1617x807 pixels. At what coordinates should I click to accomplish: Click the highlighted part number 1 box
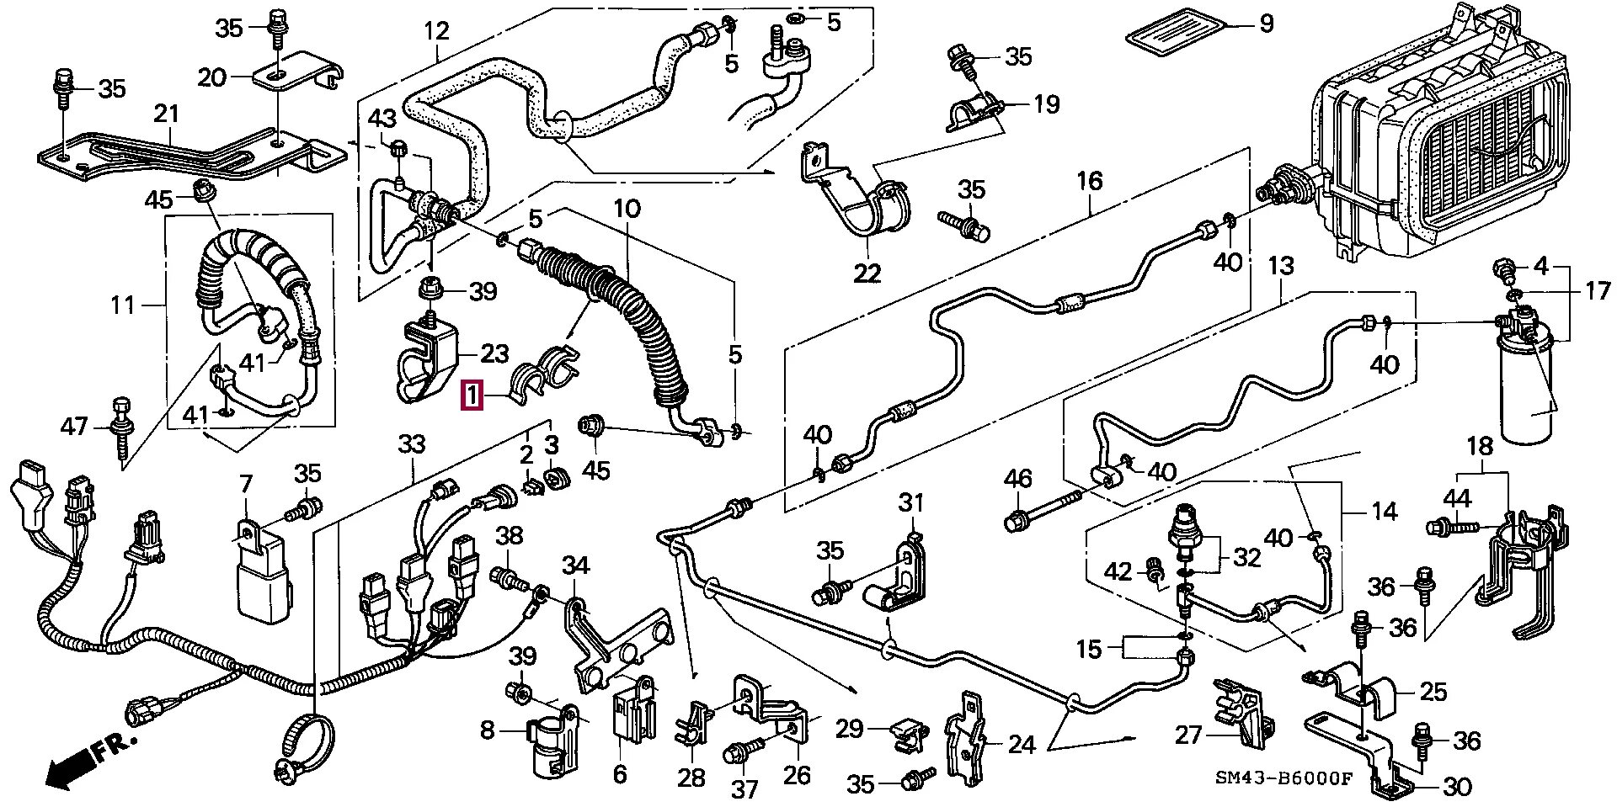click(472, 395)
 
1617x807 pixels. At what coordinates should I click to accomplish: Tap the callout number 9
click(1266, 24)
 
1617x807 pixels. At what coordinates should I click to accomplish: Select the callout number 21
click(167, 113)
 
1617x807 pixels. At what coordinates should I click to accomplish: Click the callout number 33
click(412, 443)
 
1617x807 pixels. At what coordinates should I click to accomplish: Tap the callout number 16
click(1089, 180)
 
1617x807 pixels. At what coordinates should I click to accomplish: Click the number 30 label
click(1456, 786)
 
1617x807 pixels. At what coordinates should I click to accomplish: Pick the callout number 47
click(74, 427)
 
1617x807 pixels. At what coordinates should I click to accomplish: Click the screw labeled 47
click(120, 428)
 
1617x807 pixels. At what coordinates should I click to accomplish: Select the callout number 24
click(1021, 744)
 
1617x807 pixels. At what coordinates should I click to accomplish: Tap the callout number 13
click(1280, 267)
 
